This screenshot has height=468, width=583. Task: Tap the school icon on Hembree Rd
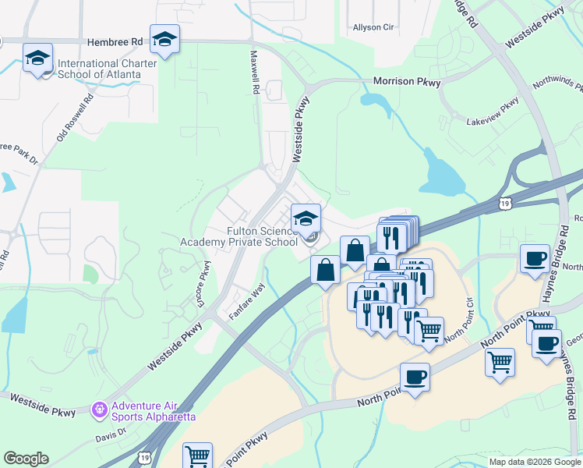pyautogui.click(x=165, y=38)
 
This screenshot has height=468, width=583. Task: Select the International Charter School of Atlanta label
pyautogui.click(x=99, y=69)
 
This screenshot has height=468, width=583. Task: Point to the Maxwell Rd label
pyautogui.click(x=254, y=73)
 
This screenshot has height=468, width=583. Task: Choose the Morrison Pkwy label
pyautogui.click(x=407, y=81)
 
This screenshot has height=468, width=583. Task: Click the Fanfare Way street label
pyautogui.click(x=247, y=300)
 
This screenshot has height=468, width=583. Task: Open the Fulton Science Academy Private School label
pyautogui.click(x=240, y=236)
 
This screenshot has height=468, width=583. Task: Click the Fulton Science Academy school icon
pyautogui.click(x=306, y=218)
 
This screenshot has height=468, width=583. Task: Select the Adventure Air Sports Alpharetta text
pyautogui.click(x=153, y=410)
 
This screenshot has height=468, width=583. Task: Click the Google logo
pyautogui.click(x=26, y=459)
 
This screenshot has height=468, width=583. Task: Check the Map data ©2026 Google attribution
pyautogui.click(x=533, y=462)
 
